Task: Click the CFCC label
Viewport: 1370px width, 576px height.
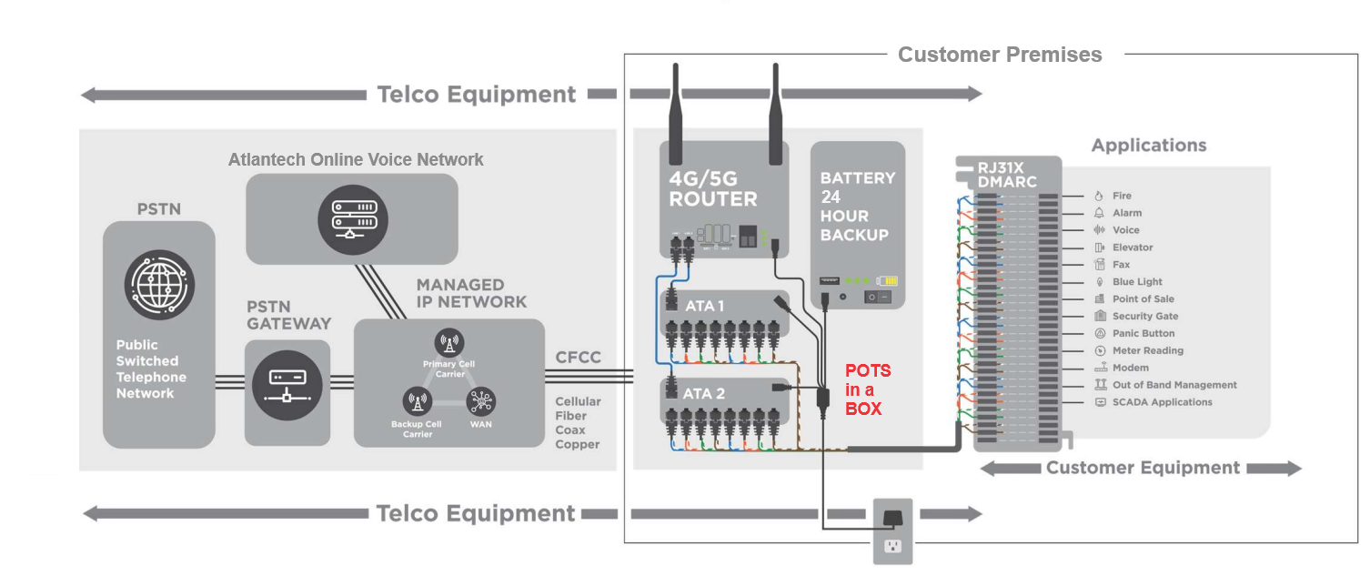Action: (578, 358)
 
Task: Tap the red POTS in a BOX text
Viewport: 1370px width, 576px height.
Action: (868, 389)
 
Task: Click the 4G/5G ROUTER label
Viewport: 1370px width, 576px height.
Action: (712, 188)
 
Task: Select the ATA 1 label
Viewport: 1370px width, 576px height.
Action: (704, 306)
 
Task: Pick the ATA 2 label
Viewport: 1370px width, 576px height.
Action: (704, 393)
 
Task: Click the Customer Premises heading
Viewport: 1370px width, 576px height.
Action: (1000, 55)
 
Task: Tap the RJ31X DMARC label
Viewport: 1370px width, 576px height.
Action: (1006, 174)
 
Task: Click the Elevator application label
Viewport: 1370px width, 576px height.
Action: (1132, 248)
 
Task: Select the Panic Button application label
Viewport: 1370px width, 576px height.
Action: (1143, 334)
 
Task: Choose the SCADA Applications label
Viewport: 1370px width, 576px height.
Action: (1162, 402)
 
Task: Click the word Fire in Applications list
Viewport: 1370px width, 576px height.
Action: (1122, 196)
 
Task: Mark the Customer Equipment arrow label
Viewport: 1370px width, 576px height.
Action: (1143, 468)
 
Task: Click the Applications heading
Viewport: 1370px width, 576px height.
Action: (1149, 146)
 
